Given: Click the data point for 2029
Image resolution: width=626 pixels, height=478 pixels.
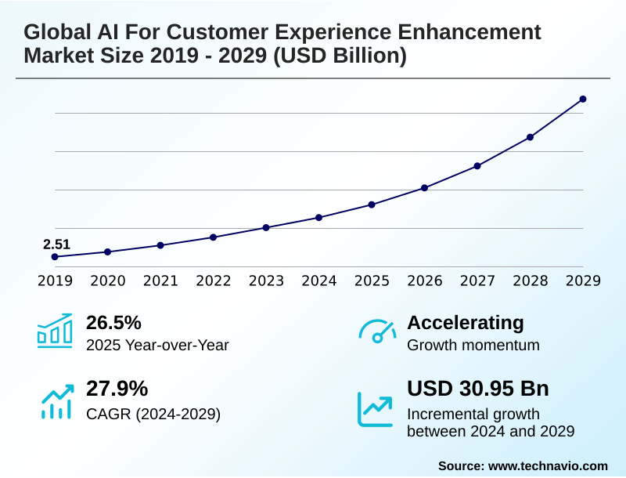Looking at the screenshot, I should click(583, 99).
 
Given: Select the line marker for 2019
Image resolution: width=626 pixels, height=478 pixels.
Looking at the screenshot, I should click(55, 257).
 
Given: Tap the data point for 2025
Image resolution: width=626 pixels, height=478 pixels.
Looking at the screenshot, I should click(372, 205).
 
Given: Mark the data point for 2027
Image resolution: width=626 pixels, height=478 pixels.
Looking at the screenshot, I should click(477, 166).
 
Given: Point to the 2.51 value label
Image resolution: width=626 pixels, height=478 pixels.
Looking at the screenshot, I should click(56, 244).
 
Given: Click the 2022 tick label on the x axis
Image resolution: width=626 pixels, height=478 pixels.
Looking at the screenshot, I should click(213, 281).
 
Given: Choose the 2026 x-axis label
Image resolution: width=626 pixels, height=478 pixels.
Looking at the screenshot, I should click(424, 281).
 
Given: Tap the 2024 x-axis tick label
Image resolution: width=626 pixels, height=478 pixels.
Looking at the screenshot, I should click(318, 281).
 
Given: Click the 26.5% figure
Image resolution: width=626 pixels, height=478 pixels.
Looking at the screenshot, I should click(113, 323).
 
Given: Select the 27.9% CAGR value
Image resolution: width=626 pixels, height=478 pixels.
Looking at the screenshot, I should click(117, 389).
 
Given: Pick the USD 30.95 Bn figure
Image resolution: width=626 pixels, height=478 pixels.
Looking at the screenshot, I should click(478, 389).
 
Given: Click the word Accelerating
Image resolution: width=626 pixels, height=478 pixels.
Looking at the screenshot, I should click(466, 323).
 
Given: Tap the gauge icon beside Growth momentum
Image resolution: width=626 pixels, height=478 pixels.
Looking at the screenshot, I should click(377, 331).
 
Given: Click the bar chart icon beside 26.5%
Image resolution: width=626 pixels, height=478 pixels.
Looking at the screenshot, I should click(54, 331).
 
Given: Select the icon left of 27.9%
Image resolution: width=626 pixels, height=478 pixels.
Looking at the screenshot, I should click(56, 401).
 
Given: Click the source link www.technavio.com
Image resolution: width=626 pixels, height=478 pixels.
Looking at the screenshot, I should click(548, 465).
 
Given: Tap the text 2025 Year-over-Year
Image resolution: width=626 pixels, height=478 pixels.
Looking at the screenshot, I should click(157, 346).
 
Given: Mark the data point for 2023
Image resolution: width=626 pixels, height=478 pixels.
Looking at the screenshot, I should click(266, 227).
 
